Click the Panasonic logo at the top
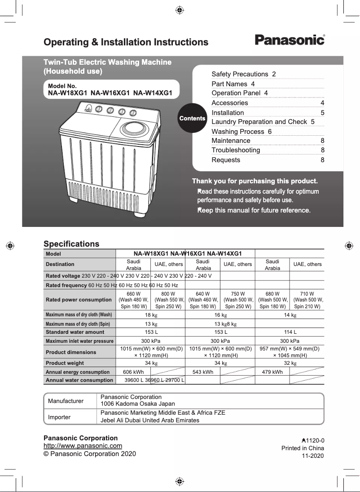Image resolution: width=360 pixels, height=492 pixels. click(x=290, y=40)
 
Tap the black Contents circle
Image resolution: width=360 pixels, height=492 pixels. click(x=192, y=118)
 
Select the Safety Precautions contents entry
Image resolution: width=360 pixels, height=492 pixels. click(x=244, y=74)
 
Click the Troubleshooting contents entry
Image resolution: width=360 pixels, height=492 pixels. click(x=236, y=150)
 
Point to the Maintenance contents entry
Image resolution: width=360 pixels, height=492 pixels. click(x=231, y=141)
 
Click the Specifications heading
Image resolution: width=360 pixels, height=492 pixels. click(x=71, y=244)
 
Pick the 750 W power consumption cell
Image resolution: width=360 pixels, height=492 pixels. click(x=237, y=300)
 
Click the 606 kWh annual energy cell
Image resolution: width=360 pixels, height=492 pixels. click(x=133, y=372)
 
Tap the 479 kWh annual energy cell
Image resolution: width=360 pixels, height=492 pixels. click(x=272, y=372)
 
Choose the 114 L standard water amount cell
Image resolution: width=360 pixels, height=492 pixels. click(x=290, y=332)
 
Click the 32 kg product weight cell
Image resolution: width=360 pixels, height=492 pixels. click(x=290, y=363)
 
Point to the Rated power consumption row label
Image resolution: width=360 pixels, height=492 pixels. click(x=79, y=300)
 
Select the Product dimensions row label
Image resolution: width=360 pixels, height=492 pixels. click(x=71, y=352)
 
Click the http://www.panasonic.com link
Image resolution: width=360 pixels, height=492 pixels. click(x=83, y=446)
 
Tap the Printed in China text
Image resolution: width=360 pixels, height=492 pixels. click(x=303, y=448)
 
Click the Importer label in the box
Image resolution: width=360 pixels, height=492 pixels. click(x=59, y=417)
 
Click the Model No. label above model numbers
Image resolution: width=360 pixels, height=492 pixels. click(x=62, y=86)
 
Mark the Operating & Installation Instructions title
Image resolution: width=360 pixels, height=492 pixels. click(x=126, y=42)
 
